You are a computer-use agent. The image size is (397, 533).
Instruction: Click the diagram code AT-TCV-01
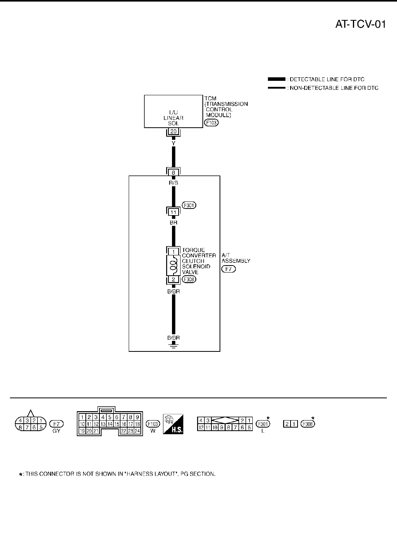click(x=360, y=25)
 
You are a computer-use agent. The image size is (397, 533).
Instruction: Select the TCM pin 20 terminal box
click(x=174, y=132)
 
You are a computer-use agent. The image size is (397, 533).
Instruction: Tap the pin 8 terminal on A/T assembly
click(x=174, y=172)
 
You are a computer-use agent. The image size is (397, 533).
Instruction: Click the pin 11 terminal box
click(x=174, y=212)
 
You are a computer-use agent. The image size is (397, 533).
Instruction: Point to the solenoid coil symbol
click(x=174, y=266)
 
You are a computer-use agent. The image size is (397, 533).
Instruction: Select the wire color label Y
click(x=174, y=143)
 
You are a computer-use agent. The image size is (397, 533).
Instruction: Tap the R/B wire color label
click(x=174, y=182)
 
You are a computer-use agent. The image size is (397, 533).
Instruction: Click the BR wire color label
click(x=174, y=222)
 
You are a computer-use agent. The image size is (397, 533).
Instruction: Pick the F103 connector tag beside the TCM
click(x=211, y=122)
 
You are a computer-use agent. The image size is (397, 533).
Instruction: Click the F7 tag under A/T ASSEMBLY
click(x=229, y=269)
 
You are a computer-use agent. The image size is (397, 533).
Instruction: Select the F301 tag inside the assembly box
click(x=189, y=205)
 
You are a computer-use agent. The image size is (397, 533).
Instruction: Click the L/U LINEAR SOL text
click(x=174, y=118)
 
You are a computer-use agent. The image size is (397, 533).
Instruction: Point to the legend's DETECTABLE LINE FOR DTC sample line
click(x=276, y=79)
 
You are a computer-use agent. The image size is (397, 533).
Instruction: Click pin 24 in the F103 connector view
click(x=137, y=431)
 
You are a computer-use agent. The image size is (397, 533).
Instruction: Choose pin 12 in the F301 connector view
click(x=201, y=428)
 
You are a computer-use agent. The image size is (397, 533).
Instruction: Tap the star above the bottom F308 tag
click(x=312, y=418)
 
